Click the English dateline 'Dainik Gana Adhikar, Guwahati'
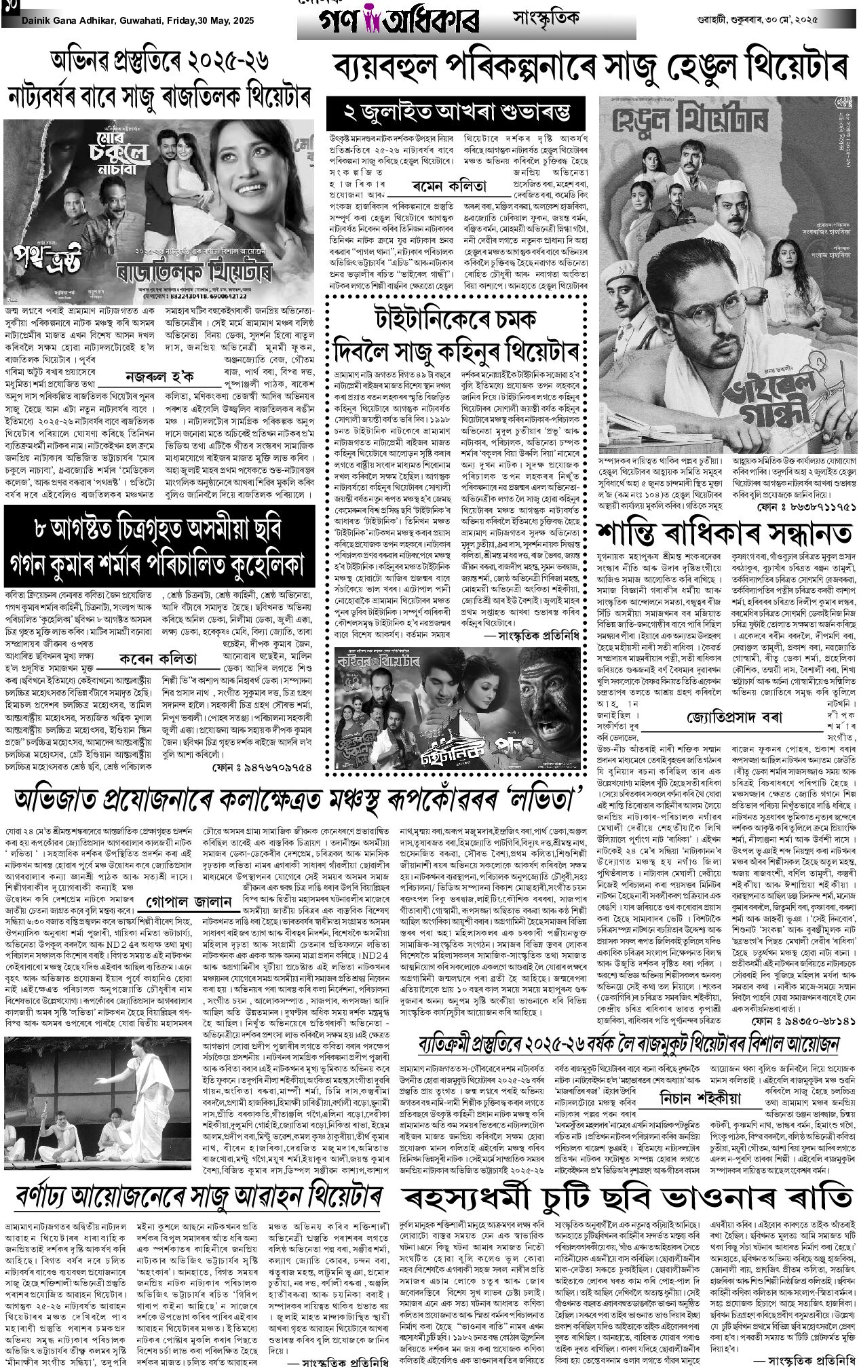[95, 21]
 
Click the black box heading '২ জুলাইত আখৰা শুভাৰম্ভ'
[455, 109]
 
